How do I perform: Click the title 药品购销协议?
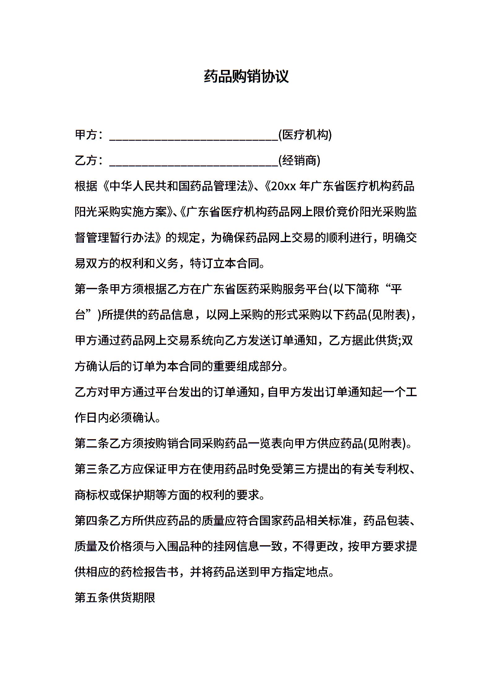tap(246, 76)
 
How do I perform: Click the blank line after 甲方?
tap(193, 136)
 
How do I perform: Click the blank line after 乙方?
tap(193, 162)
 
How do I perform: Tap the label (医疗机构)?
tap(305, 135)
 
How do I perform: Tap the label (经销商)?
tap(299, 161)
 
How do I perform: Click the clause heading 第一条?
tap(92, 289)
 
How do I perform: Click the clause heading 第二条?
tap(92, 444)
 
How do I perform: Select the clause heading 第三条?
tap(92, 469)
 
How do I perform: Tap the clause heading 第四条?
tap(92, 521)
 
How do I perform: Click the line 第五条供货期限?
tap(115, 598)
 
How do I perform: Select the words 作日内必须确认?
tap(115, 418)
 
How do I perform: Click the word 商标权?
tap(92, 495)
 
